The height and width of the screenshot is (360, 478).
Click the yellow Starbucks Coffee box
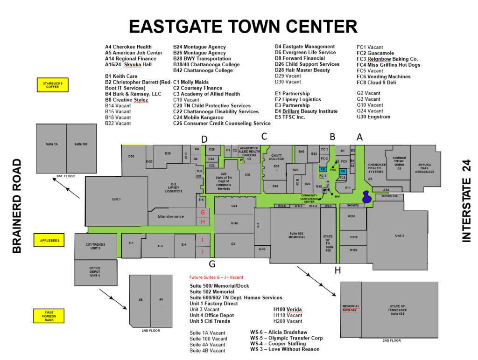coord(53,85)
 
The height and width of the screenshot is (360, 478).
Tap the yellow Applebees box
coord(49,240)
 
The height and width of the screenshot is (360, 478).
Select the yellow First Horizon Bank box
coord(49,316)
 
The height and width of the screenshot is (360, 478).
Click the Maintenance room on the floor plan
coord(171,216)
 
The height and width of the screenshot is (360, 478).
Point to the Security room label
coord(352,205)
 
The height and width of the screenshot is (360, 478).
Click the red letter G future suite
coord(203,213)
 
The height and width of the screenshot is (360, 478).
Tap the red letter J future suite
coord(203,251)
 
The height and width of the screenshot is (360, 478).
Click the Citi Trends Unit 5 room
coord(95,246)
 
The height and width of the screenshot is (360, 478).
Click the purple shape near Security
coord(367,197)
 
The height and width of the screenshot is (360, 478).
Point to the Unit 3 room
coord(399,235)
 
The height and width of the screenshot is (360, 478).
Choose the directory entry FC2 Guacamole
coord(375,53)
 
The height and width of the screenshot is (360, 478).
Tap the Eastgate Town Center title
coord(243,27)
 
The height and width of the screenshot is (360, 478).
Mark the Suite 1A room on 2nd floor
coord(52,144)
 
